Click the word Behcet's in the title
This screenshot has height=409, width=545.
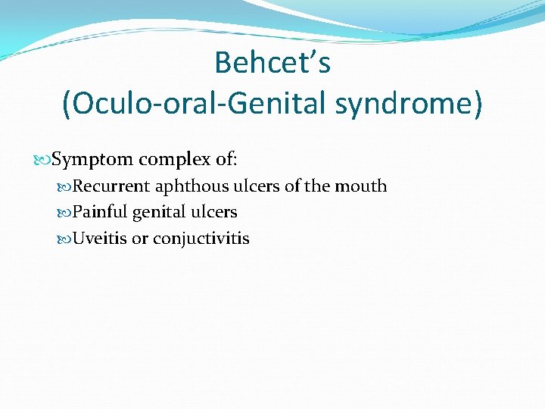[x=272, y=62]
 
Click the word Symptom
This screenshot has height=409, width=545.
[x=92, y=160]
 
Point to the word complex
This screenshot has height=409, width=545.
[x=172, y=160]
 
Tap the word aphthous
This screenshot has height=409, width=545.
[x=186, y=186]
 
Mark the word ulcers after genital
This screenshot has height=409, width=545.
[x=216, y=213]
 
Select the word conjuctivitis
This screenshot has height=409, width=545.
[x=201, y=239]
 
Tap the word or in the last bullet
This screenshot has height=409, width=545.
[x=140, y=239]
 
